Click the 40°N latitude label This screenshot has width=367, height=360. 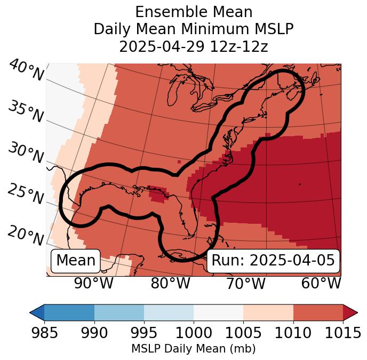tap(26, 71)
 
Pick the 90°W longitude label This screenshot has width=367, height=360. tap(94, 283)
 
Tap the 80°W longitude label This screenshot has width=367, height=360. tap(170, 283)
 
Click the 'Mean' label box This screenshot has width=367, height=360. tap(76, 261)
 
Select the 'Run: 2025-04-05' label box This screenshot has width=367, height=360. tap(273, 261)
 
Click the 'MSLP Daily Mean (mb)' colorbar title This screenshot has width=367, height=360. tap(193, 349)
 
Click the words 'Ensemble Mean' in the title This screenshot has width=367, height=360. tap(194, 12)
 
